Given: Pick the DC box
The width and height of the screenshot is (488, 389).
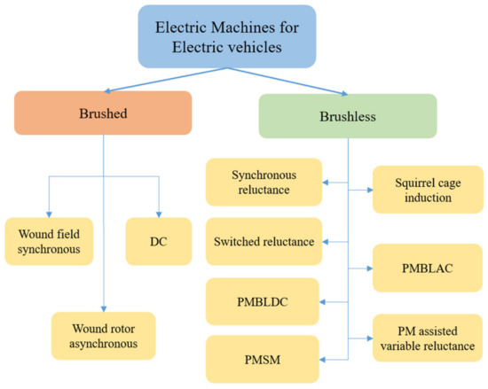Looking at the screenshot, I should coord(158,241).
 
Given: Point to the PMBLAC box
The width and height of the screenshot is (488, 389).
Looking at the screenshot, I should coord(418,267).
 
